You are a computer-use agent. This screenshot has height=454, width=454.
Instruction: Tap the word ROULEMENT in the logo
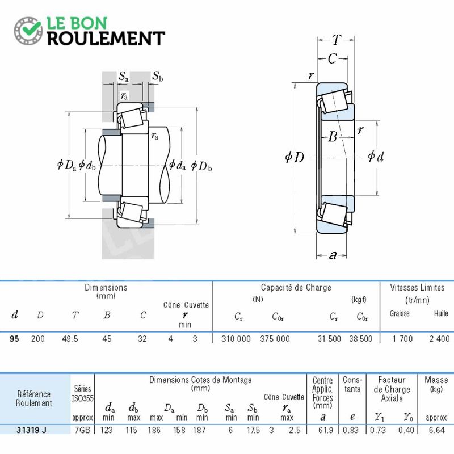[106, 39]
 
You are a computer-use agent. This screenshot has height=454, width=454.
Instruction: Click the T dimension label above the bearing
[336, 40]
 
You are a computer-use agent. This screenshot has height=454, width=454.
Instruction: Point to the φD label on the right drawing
[295, 157]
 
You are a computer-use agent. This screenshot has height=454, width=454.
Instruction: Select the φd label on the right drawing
[376, 157]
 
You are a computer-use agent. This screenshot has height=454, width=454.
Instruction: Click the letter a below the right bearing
[333, 255]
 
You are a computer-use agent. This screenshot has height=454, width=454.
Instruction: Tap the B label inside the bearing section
[333, 136]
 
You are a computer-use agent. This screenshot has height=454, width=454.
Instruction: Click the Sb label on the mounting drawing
[158, 77]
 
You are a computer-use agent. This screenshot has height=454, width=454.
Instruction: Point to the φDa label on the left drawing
[66, 165]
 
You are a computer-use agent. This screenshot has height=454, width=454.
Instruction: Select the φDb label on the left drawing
[201, 166]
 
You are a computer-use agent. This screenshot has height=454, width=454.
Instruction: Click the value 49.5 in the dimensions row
[70, 338]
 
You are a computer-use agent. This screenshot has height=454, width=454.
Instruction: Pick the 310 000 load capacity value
[236, 338]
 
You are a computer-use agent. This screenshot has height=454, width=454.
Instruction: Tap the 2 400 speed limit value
[439, 338]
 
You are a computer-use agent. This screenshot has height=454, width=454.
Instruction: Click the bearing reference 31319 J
[31, 430]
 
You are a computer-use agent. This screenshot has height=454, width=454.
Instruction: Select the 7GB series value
[82, 430]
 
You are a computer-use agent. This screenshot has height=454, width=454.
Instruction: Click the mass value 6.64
[436, 430]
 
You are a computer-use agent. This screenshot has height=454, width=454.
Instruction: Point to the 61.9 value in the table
[325, 430]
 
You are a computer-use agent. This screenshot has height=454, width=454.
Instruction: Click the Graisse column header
[400, 313]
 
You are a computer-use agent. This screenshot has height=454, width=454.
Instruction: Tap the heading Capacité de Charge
[296, 288]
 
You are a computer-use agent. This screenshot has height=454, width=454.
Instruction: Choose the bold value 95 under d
[14, 338]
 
